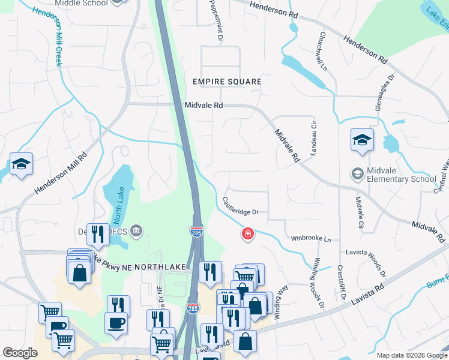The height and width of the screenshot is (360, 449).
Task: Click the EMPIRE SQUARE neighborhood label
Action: [x=227, y=82]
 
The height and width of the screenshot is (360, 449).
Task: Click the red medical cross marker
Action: [x=247, y=233]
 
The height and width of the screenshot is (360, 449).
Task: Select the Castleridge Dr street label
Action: [x=240, y=206]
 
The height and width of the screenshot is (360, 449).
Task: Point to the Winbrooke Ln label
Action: [x=311, y=238]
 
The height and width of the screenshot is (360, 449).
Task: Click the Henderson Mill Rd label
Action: [x=61, y=172]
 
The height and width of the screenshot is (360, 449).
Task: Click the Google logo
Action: [x=20, y=353]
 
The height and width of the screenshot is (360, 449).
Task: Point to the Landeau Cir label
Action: [x=313, y=139]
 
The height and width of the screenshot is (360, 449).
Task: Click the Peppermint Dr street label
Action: [x=216, y=21]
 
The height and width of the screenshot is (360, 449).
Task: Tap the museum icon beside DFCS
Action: [x=136, y=230]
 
